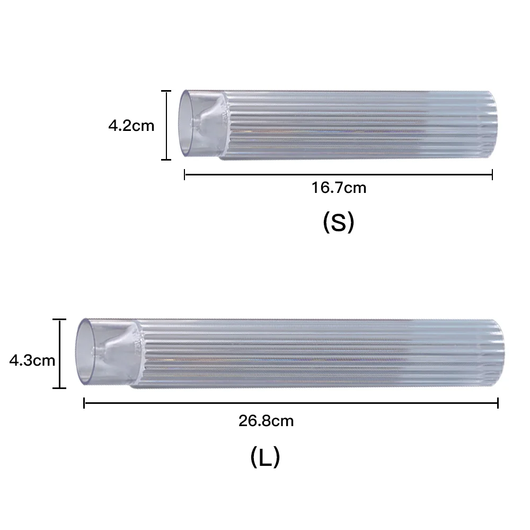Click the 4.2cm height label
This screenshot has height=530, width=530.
coord(131,126)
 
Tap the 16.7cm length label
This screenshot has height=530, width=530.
coord(339,188)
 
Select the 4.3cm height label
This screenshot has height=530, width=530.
coord(32,360)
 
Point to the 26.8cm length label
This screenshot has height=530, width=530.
coord(266,421)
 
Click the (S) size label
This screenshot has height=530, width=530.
coord(338,223)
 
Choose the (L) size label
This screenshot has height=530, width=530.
coord(266,457)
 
